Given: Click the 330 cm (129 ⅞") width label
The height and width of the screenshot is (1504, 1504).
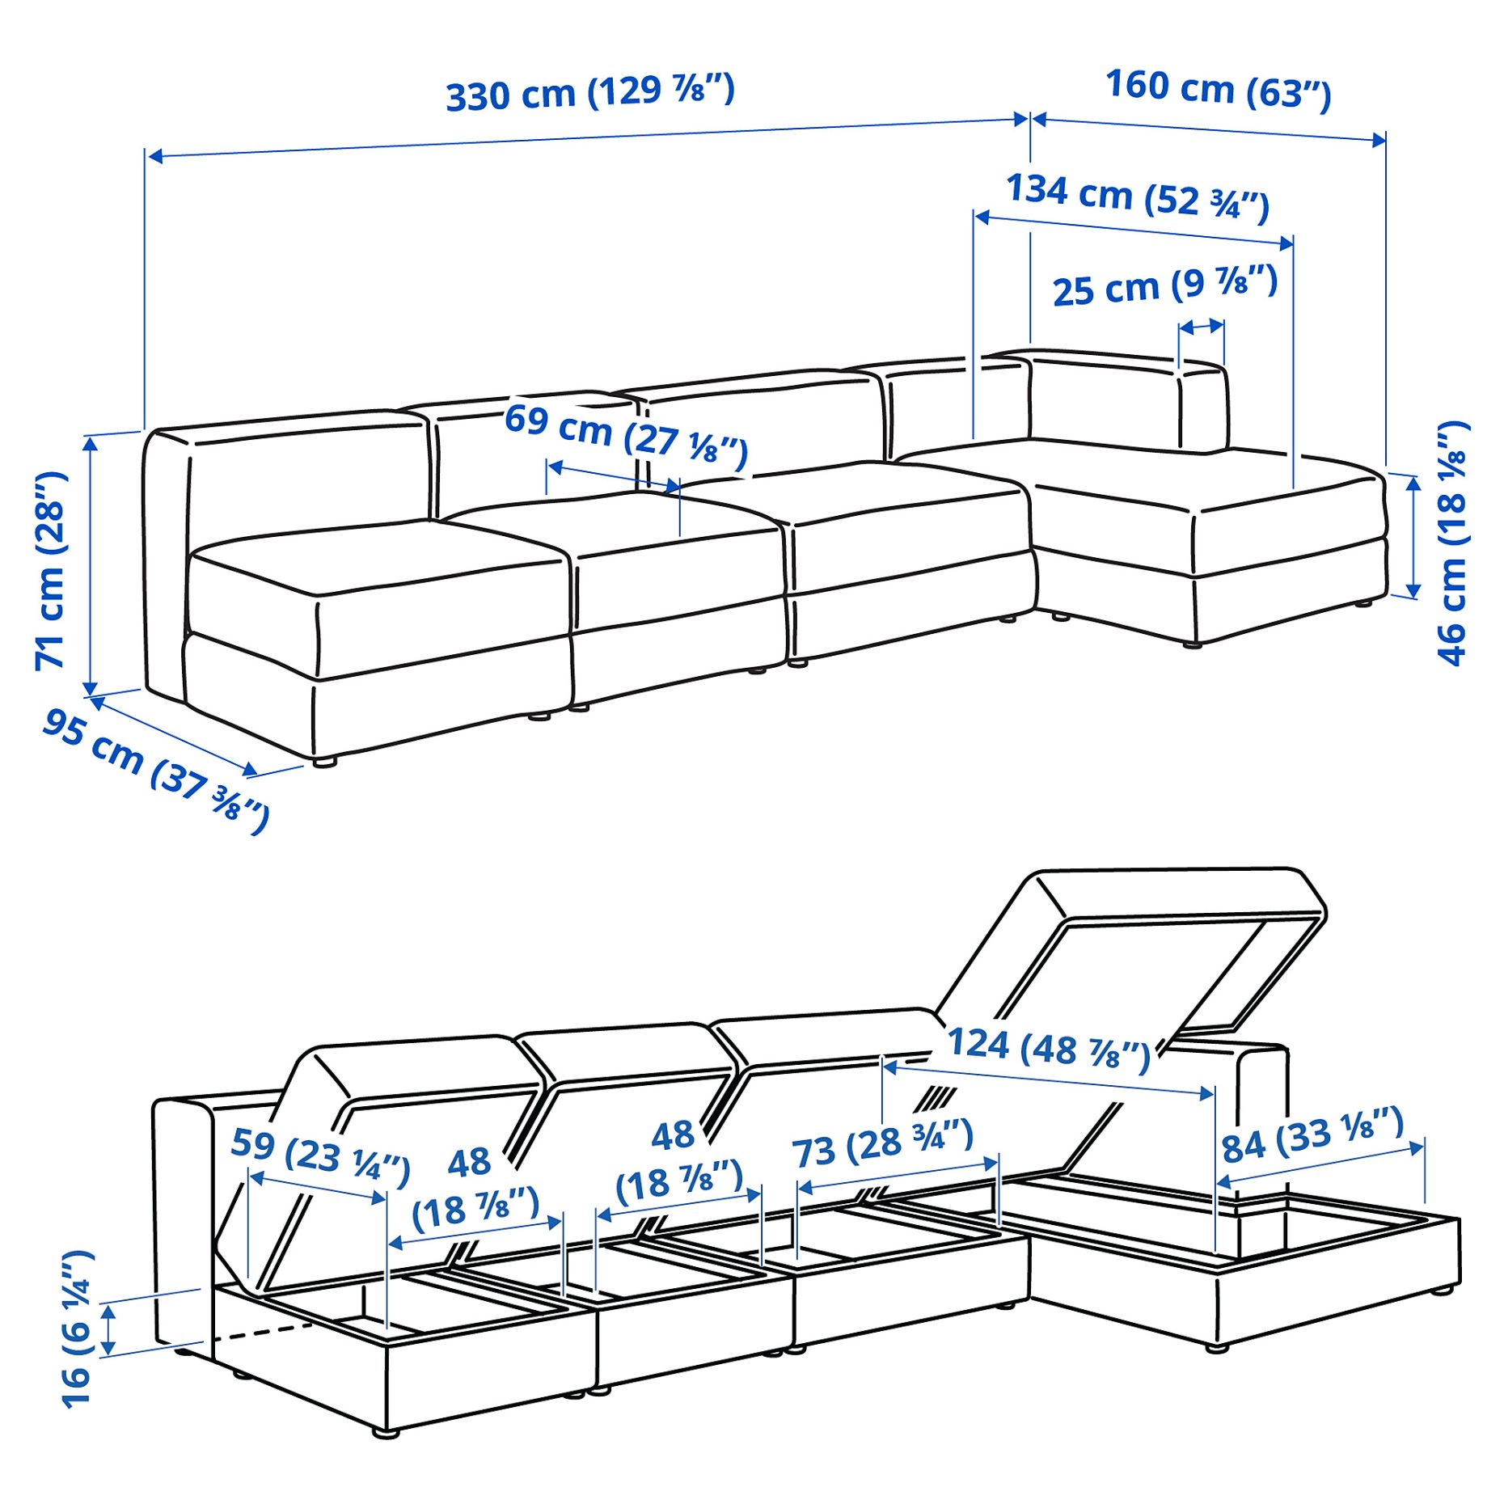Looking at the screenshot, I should [x=590, y=92].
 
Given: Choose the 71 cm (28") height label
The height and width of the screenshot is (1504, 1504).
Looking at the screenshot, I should [x=51, y=570].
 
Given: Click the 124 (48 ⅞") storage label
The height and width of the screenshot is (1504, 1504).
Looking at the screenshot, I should [x=1047, y=1049].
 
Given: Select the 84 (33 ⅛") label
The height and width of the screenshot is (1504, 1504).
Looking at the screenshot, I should [x=1312, y=1134].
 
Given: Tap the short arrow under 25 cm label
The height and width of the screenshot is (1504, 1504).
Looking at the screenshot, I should [x=1201, y=327].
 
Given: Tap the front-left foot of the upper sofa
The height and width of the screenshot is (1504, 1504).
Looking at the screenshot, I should [x=324, y=762].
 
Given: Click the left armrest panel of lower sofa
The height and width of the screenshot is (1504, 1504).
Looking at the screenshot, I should [x=183, y=1213].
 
